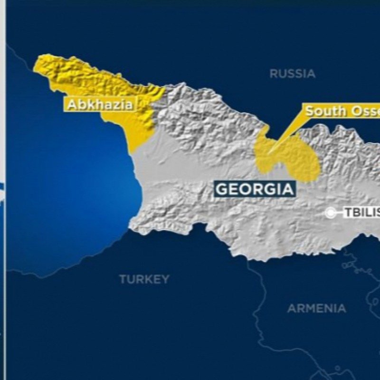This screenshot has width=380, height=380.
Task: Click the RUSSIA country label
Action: [x=292, y=74]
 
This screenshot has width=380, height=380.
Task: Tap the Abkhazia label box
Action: [x=100, y=104]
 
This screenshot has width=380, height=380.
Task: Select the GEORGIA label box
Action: [x=255, y=189]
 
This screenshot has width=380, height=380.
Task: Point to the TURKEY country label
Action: [x=144, y=279]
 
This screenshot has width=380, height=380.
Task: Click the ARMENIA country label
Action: [x=316, y=308]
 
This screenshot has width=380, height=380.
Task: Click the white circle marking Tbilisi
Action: [x=330, y=213]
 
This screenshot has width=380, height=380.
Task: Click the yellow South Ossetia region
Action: [x=290, y=159]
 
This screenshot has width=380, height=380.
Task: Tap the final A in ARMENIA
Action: [x=342, y=308]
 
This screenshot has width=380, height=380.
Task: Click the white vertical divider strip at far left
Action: [x=3, y=190]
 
